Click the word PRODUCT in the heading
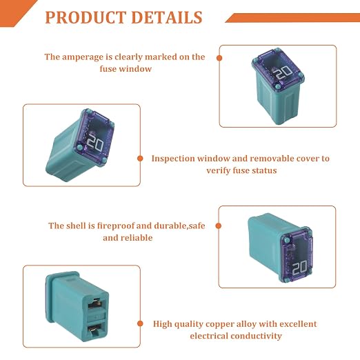85,17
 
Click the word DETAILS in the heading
167,17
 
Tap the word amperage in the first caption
83,57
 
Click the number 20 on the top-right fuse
283,73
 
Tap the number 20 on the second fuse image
95,143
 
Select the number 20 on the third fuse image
300,268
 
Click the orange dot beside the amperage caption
219,58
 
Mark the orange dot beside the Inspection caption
140,159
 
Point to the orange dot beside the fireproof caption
219,226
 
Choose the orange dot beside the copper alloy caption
140,323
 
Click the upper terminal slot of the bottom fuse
94,303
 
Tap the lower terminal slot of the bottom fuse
94,328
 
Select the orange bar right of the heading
292,18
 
